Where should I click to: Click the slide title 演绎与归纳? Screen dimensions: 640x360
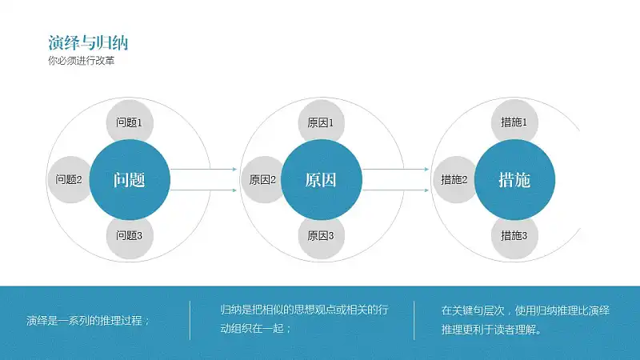point(88,42)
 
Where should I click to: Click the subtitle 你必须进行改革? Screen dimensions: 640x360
point(82,61)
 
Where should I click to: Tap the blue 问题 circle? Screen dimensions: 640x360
point(130,179)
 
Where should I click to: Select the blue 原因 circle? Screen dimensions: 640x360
point(322,179)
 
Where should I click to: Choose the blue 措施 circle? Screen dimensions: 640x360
point(514,179)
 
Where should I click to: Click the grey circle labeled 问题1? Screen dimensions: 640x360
point(130,122)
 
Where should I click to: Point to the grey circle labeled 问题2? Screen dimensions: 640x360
point(70,179)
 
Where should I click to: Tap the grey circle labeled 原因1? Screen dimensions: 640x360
point(322,122)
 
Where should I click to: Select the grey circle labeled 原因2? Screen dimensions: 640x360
point(262,179)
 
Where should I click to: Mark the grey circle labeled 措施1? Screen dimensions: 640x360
point(514,122)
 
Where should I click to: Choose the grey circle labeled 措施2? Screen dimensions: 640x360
point(454,179)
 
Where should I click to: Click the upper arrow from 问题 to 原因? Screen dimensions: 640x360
point(203,169)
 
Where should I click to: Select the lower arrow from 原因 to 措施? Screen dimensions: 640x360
point(395,190)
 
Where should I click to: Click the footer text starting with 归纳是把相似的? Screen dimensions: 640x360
point(305,318)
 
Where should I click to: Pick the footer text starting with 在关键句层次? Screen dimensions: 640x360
point(526,319)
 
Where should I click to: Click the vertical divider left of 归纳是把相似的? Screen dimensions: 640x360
point(190,321)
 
